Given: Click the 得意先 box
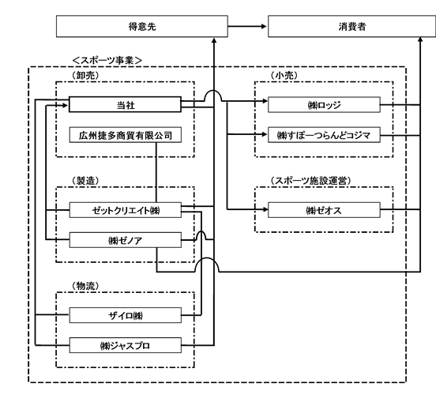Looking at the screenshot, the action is (x=142, y=26).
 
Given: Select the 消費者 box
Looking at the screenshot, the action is (x=351, y=26).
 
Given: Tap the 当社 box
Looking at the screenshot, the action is (x=125, y=104).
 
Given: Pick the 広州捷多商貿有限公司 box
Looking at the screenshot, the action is (x=125, y=135).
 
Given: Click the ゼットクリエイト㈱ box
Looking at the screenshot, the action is (x=125, y=210).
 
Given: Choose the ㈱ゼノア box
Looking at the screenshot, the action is (x=125, y=240).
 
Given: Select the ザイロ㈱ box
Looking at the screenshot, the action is (x=125, y=315).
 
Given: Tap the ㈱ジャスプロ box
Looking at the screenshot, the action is (x=125, y=345).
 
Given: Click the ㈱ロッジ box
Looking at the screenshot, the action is (x=324, y=105).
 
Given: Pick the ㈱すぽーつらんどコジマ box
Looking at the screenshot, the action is (x=324, y=135).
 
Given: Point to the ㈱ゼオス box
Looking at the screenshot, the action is (x=324, y=210).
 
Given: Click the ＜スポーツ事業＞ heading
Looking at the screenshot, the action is (x=107, y=60).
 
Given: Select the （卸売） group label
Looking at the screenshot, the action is (x=85, y=75).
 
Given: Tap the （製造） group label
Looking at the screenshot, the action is (x=85, y=181).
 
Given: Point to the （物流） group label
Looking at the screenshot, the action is (x=85, y=286).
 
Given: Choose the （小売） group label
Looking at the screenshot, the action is (x=284, y=75).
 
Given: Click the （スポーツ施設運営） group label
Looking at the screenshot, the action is (x=310, y=181).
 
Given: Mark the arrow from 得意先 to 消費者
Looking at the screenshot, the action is (x=247, y=26).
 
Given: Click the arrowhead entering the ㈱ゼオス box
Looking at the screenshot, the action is (x=265, y=209).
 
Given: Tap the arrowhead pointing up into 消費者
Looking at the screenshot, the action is (x=420, y=39).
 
